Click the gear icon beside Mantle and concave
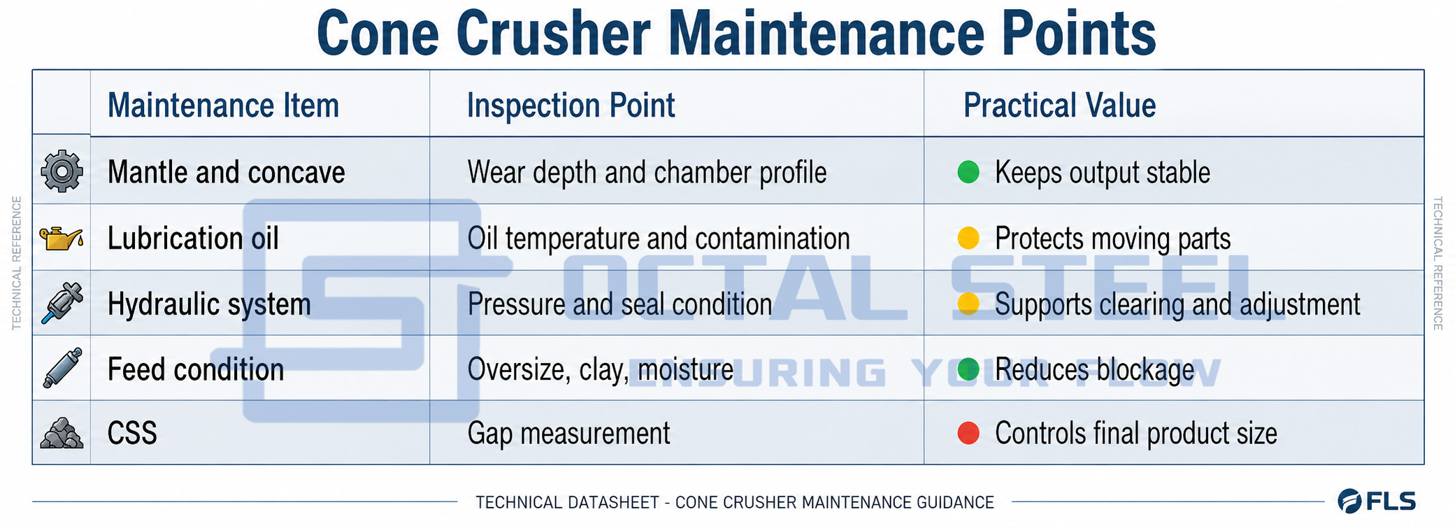(x=62, y=171)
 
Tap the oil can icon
(x=62, y=238)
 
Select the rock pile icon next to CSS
(x=62, y=433)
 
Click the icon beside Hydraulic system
(x=62, y=304)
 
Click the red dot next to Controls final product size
(x=968, y=433)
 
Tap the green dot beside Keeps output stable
(x=968, y=172)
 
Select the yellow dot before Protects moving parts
(x=968, y=238)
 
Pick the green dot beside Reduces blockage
(x=968, y=369)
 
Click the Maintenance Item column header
(x=223, y=106)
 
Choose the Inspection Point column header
(x=571, y=106)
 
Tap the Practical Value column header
(x=1059, y=106)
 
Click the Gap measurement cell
(x=568, y=434)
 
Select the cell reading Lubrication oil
(x=193, y=238)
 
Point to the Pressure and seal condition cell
(x=619, y=304)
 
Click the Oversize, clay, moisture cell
(x=600, y=370)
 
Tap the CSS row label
(x=132, y=434)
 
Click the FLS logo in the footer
(x=1377, y=501)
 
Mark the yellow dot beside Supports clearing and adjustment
(x=968, y=304)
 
